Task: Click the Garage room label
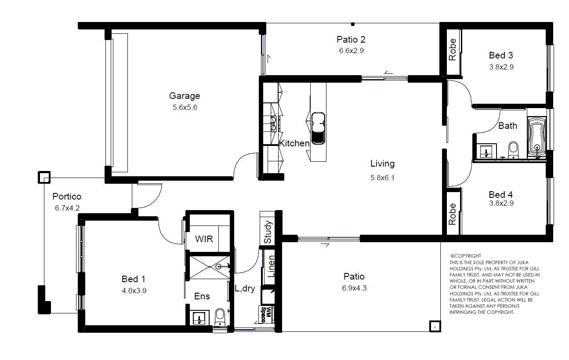185,96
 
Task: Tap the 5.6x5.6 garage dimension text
185,107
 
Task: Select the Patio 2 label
351,40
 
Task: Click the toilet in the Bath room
513,150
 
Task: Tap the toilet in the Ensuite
220,317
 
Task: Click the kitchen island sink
318,128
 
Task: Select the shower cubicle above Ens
210,267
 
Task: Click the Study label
268,232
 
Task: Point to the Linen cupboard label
271,266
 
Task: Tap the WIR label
204,239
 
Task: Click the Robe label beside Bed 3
453,50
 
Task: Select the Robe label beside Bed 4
453,214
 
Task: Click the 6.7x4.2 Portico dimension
67,208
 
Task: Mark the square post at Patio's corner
435,326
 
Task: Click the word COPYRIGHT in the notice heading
468,256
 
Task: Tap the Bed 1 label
134,279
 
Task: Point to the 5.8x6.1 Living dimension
382,178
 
